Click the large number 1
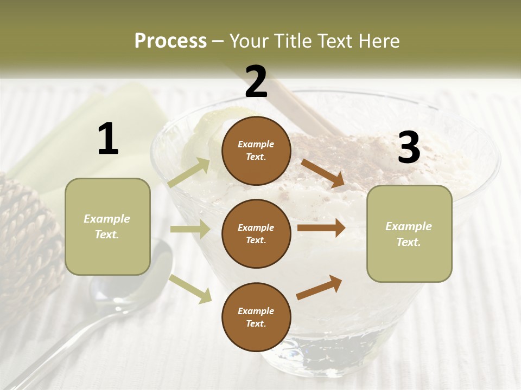coord(108,139)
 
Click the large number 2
coord(256,82)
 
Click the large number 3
coord(409,148)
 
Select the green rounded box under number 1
coord(107,226)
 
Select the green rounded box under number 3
coord(409,234)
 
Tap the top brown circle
coord(256,151)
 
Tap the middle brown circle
coord(256,233)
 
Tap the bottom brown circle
coord(256,317)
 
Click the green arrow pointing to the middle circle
coord(190,229)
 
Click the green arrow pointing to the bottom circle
coord(190,289)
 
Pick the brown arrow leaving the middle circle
coord(321,228)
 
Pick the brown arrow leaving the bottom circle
coord(319,288)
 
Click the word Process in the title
coord(170,41)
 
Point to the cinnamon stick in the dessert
coord(304,106)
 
